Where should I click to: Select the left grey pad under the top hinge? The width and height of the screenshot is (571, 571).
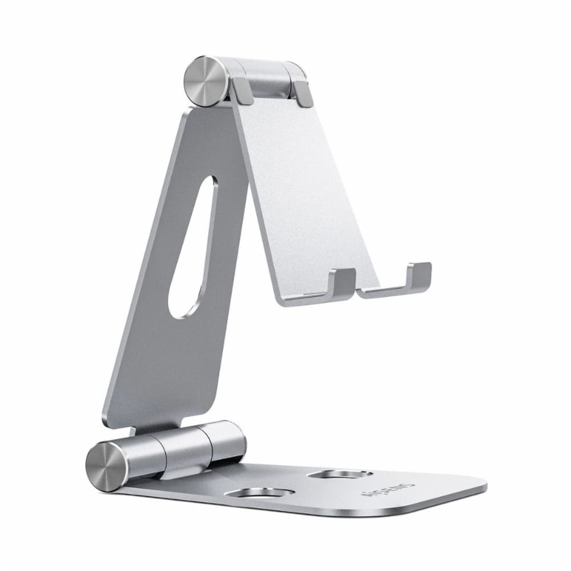[243, 91]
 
